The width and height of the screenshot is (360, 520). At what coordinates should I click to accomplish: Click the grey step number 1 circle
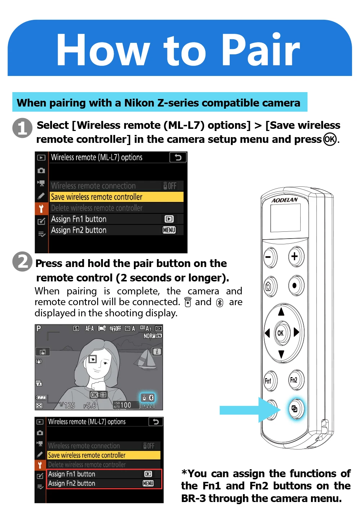22,128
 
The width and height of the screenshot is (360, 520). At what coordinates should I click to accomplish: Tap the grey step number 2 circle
22,262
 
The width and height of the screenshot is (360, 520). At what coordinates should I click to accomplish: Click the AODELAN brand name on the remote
284,200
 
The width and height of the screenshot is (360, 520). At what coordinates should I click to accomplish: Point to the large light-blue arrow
250,410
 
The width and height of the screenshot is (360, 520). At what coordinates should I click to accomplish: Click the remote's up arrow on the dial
281,312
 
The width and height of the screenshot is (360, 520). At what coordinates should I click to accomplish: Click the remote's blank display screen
285,218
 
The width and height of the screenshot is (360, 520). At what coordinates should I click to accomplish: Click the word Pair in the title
260,50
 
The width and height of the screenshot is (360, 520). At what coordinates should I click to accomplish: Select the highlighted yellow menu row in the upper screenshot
117,197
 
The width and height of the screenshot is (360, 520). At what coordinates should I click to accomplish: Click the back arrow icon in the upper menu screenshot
178,157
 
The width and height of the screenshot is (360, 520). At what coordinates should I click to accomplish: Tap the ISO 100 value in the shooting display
122,405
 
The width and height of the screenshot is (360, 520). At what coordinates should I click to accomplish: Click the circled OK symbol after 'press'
330,139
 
